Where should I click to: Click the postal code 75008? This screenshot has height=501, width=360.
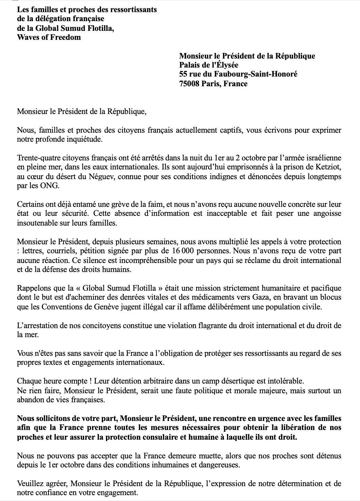pyautogui.click(x=190, y=83)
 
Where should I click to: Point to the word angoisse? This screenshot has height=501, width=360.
pyautogui.click(x=327, y=214)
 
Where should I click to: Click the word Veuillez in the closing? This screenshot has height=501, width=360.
pyautogui.click(x=29, y=484)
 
